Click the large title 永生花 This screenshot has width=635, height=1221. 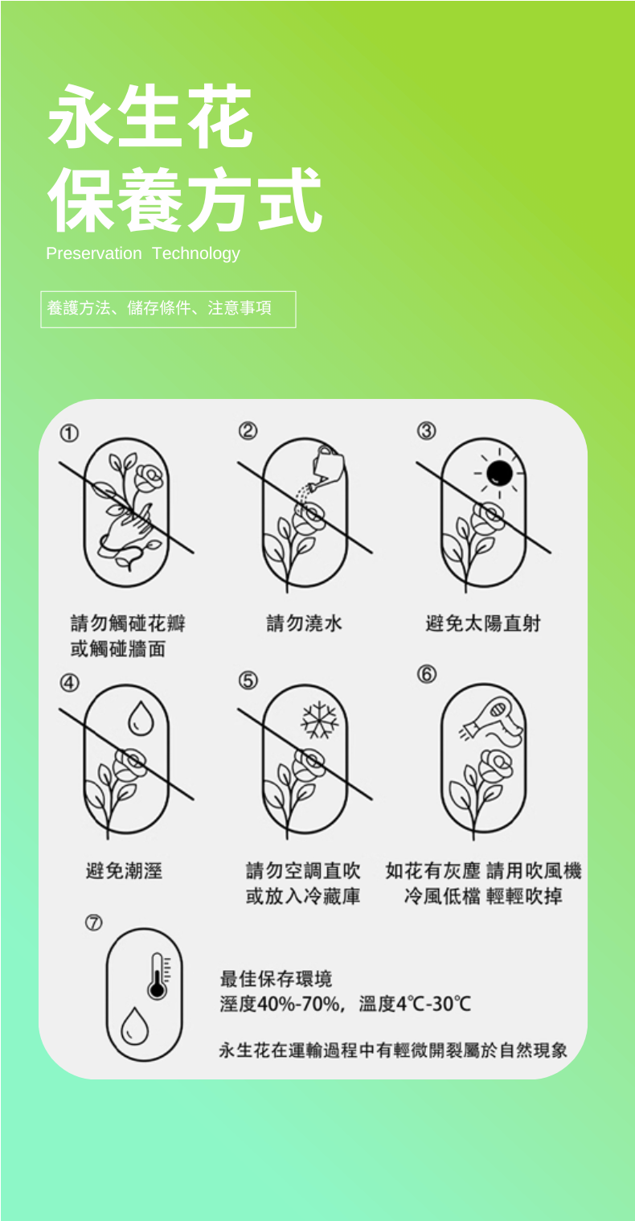[150, 116]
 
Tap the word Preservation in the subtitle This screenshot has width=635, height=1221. [94, 253]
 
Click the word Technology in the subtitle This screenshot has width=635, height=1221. [196, 254]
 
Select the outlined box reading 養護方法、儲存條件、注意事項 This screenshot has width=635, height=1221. [168, 309]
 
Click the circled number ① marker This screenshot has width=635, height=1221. [69, 434]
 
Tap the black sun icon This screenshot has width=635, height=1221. [499, 473]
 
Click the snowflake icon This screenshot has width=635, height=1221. [320, 720]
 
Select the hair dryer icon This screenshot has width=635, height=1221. [497, 721]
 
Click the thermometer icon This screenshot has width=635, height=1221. [158, 976]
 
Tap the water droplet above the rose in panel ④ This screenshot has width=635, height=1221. [141, 718]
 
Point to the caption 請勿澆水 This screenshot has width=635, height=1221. [304, 623]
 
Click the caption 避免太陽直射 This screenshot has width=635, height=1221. [483, 623]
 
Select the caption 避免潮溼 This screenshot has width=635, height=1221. [124, 870]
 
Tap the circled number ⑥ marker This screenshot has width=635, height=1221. [427, 674]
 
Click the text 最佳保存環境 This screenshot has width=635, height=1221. [276, 978]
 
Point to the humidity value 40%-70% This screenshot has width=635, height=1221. [298, 1004]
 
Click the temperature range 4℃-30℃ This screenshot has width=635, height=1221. [433, 1004]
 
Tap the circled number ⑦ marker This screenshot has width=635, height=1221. [93, 923]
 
